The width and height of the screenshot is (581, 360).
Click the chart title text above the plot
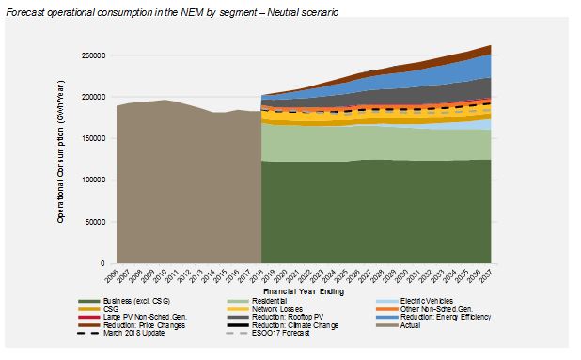tap(173, 11)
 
